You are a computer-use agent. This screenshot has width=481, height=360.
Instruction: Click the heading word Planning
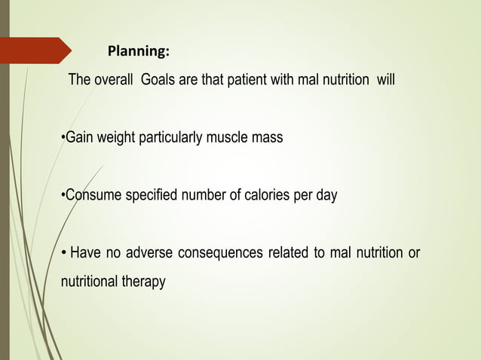pyautogui.click(x=138, y=52)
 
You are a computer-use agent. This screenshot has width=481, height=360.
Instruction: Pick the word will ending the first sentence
pyautogui.click(x=384, y=80)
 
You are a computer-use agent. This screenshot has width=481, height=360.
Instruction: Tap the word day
pyautogui.click(x=326, y=195)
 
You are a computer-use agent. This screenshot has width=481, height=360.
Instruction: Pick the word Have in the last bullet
pyautogui.click(x=84, y=253)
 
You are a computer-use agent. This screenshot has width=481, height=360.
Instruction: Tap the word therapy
pyautogui.click(x=143, y=282)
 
